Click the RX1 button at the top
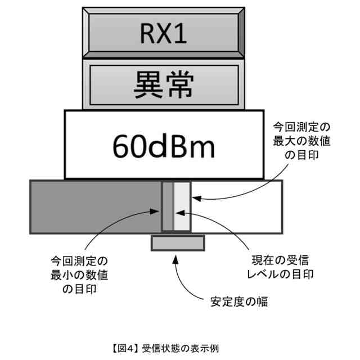pyautogui.click(x=164, y=34)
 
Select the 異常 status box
pyautogui.click(x=164, y=85)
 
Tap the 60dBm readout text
pyautogui.click(x=164, y=146)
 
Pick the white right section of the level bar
pyautogui.click(x=236, y=206)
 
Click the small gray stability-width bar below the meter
pyautogui.click(x=177, y=243)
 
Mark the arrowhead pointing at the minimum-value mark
pyautogui.click(x=159, y=212)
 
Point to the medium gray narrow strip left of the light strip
pyautogui.click(x=167, y=206)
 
